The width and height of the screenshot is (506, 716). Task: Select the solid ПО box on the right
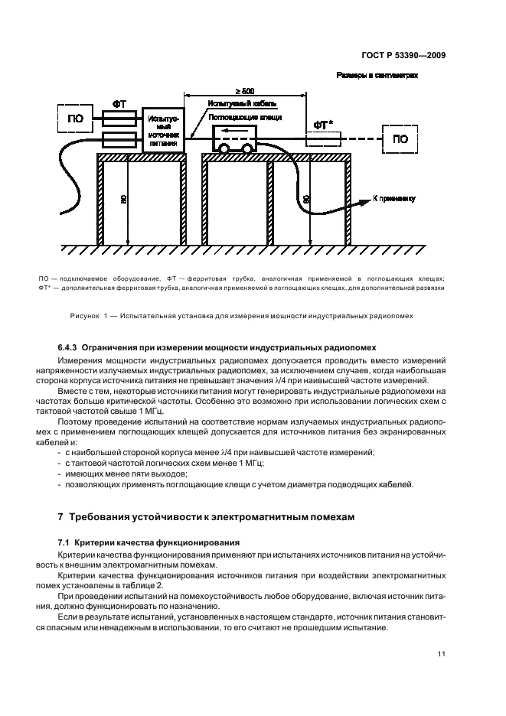(x=400, y=138)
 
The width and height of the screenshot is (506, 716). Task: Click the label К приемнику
(x=393, y=198)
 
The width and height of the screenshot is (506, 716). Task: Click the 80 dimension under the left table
(x=124, y=201)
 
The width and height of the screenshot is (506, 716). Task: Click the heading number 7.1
(x=64, y=540)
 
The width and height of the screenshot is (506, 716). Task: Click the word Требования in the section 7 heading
(x=106, y=516)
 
